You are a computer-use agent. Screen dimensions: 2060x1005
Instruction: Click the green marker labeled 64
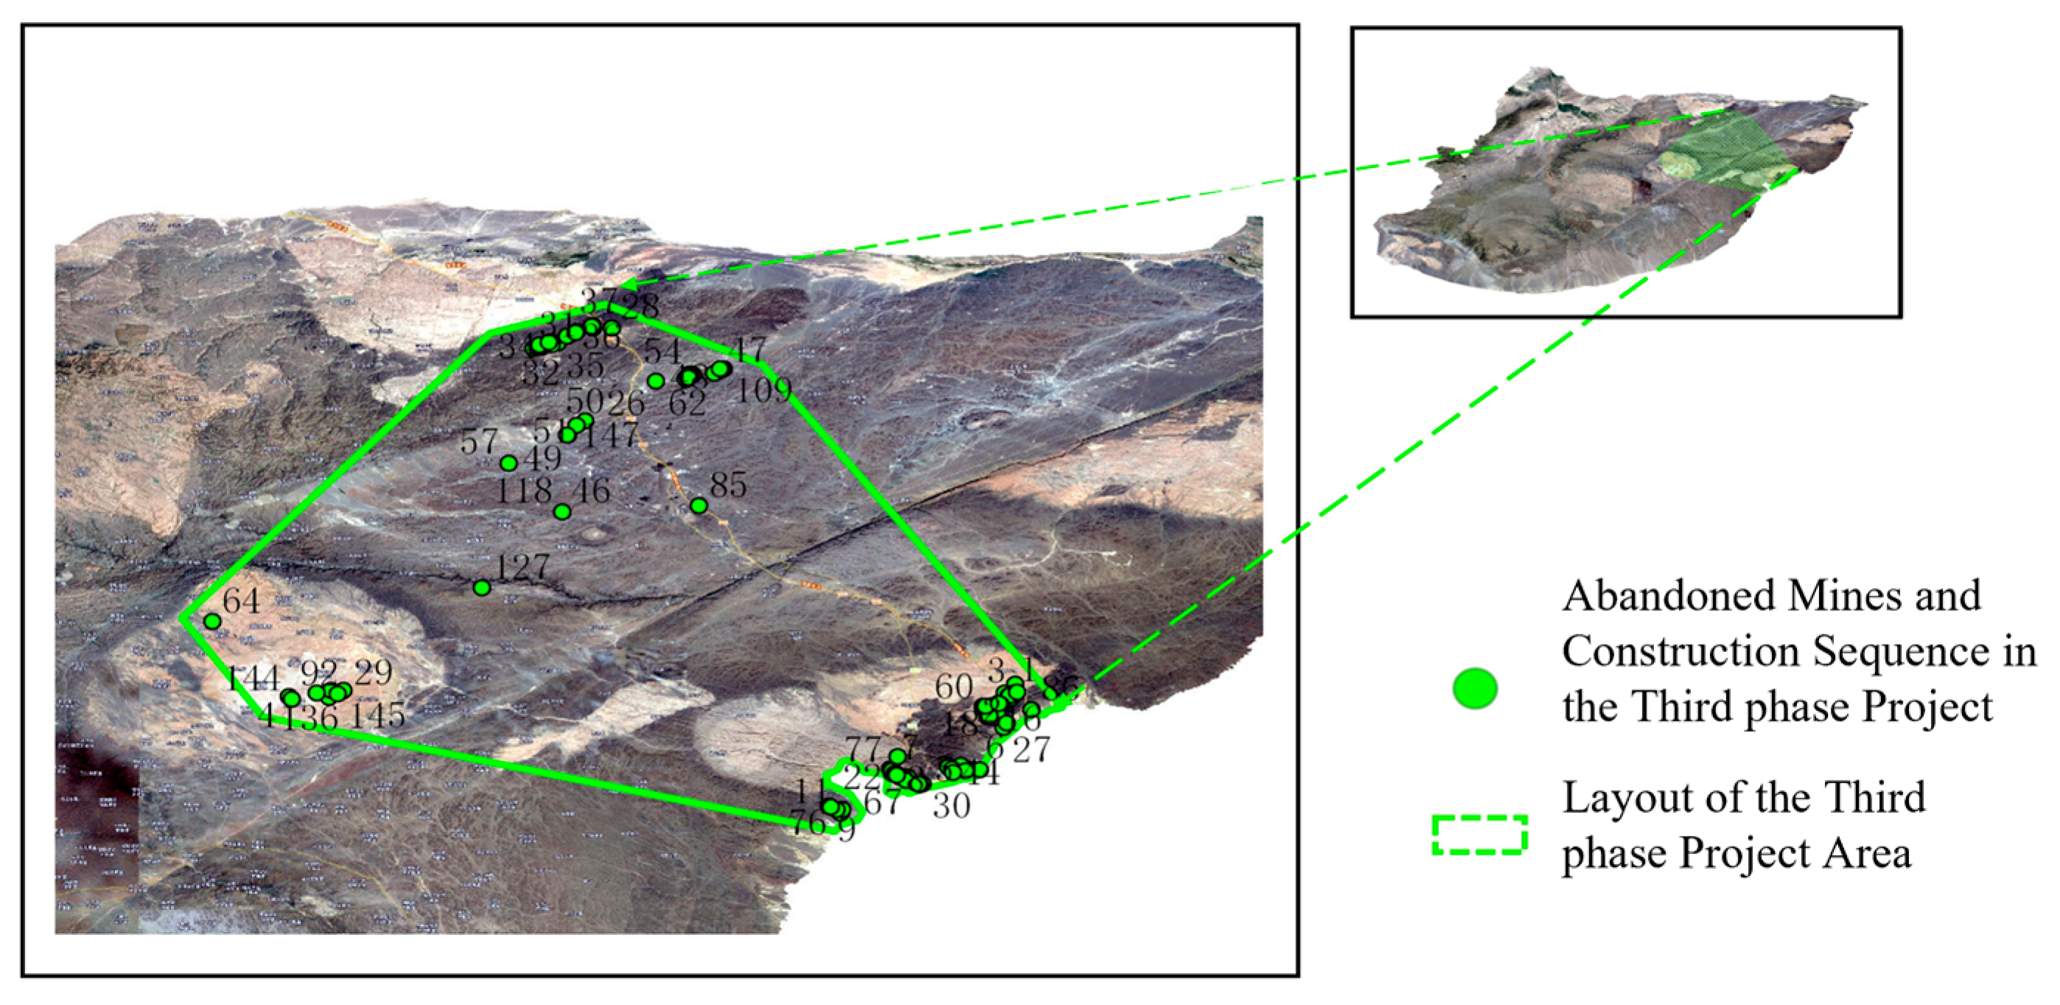click(x=212, y=621)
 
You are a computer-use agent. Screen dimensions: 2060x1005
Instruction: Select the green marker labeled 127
click(x=481, y=588)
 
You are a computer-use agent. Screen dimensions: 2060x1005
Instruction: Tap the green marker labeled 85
click(x=699, y=505)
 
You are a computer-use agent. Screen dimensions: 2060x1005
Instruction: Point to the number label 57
click(x=479, y=441)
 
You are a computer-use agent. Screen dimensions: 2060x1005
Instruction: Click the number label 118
click(x=524, y=490)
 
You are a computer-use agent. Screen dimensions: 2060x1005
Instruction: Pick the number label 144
click(x=252, y=679)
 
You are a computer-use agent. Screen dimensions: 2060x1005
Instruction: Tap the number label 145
click(x=377, y=715)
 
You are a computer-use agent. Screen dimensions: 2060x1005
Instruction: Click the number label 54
click(x=662, y=351)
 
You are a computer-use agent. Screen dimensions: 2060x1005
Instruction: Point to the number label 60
click(x=954, y=687)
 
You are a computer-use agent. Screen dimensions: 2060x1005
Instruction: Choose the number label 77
click(x=863, y=750)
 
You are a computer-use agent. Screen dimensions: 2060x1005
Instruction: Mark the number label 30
click(x=952, y=806)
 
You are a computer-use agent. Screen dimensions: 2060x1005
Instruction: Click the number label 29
click(x=373, y=673)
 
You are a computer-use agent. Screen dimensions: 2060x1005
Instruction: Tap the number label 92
click(x=318, y=673)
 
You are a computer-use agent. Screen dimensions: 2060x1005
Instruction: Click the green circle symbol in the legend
click(x=1474, y=688)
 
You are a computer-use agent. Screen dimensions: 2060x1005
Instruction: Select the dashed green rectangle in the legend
click(x=1479, y=835)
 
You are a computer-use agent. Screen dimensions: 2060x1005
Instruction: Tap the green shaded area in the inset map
click(x=1727, y=156)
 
